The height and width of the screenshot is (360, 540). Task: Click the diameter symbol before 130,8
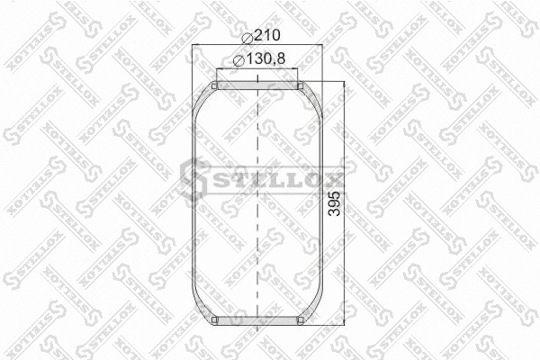[237, 60]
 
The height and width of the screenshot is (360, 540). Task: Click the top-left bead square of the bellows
[214, 85]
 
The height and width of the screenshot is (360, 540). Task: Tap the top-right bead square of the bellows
[302, 85]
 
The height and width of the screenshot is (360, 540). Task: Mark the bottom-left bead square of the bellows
[214, 321]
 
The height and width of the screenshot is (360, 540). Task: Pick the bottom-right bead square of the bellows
[302, 321]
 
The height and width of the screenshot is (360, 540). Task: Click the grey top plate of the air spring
[258, 85]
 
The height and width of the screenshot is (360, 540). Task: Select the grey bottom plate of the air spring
[258, 321]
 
